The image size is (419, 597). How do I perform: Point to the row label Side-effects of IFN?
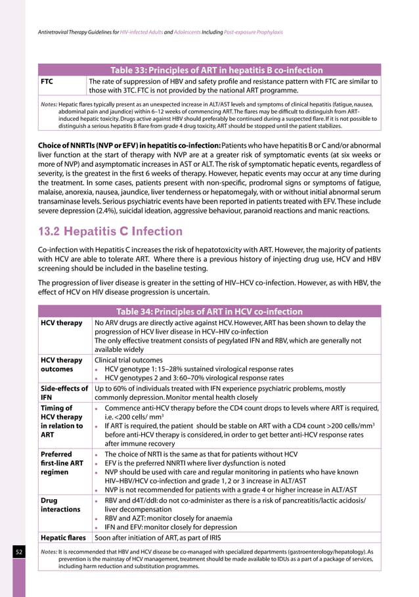pyautogui.click(x=64, y=393)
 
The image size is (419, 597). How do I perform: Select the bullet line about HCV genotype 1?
pyautogui.click(x=199, y=368)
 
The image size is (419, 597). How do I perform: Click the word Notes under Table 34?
pyautogui.click(x=49, y=553)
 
